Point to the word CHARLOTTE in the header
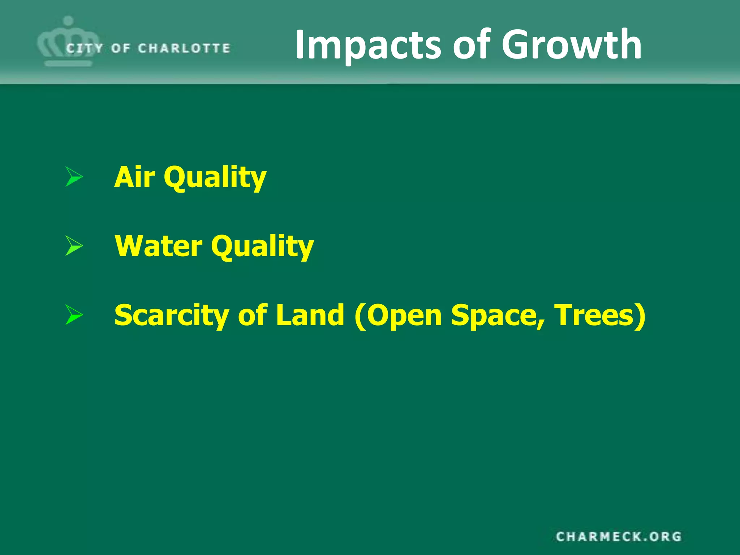[x=184, y=48]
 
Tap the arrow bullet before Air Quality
[x=74, y=177]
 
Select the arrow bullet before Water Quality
[x=74, y=245]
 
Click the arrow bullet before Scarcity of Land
[x=74, y=314]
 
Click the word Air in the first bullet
[x=135, y=177]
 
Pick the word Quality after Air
[x=215, y=177]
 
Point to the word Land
[x=310, y=315]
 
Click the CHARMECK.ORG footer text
[x=619, y=537]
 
